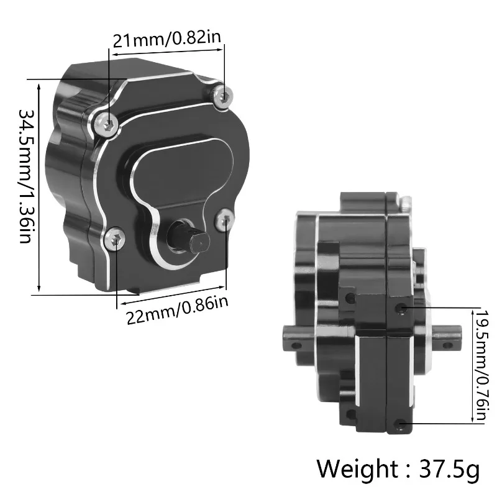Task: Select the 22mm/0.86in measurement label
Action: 178,309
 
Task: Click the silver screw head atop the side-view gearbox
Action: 405,202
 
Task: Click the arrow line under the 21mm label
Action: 168,54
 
